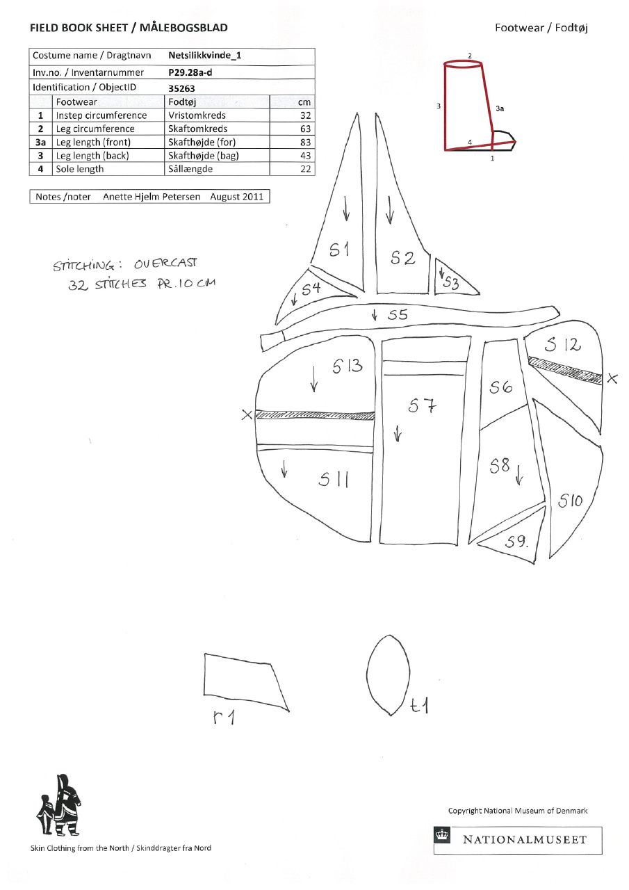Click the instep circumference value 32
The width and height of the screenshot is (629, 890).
(x=305, y=115)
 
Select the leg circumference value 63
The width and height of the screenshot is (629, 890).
(x=305, y=129)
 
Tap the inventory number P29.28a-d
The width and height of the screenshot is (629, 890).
(x=190, y=72)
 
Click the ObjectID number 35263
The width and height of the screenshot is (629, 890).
(x=181, y=88)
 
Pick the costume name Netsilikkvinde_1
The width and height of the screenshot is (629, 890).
(x=204, y=55)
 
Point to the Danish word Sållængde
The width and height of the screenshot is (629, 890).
(x=190, y=169)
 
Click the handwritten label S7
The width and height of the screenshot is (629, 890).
(x=422, y=405)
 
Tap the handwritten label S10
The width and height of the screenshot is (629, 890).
(x=570, y=501)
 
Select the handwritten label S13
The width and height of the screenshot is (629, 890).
(x=348, y=366)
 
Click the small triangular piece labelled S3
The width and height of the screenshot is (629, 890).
(x=452, y=279)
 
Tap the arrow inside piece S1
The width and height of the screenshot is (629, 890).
(x=346, y=208)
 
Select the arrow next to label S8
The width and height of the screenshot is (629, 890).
(x=519, y=475)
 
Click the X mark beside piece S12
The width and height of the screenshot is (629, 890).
(x=612, y=378)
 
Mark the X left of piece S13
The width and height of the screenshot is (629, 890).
(x=247, y=415)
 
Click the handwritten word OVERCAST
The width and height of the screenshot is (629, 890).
(x=165, y=263)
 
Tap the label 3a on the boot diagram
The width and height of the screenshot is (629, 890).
(x=500, y=108)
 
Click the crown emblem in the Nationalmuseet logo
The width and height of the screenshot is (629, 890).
(x=442, y=835)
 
